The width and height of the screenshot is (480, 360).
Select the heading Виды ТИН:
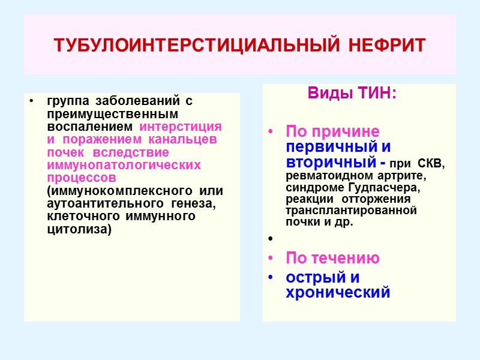(x=352, y=94)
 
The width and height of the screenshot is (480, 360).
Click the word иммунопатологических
(x=124, y=165)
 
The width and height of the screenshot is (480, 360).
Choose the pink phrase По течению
(x=332, y=258)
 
